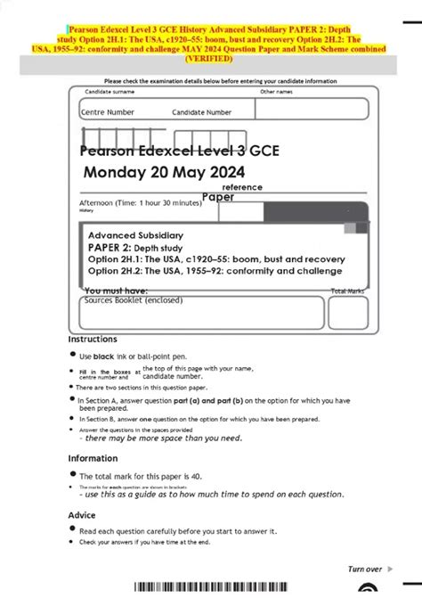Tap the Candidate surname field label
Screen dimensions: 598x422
(x=110, y=92)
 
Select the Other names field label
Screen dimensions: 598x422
(x=277, y=92)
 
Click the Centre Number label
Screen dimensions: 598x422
(x=108, y=112)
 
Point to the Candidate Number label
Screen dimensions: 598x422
(x=202, y=112)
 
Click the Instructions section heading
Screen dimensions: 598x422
(x=93, y=340)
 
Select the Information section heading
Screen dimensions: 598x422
(x=93, y=458)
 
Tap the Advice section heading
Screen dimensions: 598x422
(x=83, y=515)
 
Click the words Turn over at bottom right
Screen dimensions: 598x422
(x=365, y=569)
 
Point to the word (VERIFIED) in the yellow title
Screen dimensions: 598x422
(x=211, y=59)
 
